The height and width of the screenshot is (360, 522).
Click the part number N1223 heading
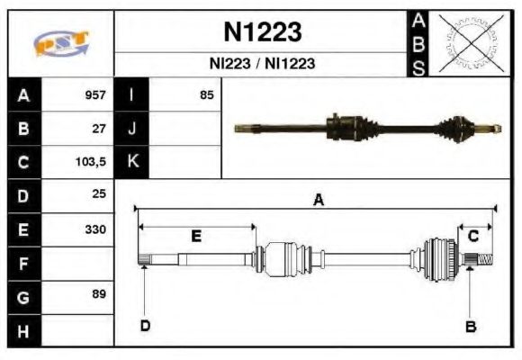[262, 32]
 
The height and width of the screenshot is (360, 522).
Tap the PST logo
[60, 43]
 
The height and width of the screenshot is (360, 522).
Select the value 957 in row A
[95, 94]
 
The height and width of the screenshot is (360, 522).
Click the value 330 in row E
[95, 229]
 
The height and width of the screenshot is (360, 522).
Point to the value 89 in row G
[98, 294]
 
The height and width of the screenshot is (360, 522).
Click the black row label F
[22, 264]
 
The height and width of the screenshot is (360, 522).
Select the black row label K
[132, 162]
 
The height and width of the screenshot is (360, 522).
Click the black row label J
[132, 128]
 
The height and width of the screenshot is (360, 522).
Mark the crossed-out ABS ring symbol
[472, 43]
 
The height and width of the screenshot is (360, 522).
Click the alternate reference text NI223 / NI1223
[262, 65]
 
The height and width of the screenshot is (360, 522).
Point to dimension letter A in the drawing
[318, 201]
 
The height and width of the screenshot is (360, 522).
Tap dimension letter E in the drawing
[196, 236]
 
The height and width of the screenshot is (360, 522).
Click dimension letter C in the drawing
[472, 236]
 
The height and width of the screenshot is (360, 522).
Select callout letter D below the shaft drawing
[145, 326]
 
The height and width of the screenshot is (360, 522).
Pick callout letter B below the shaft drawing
[470, 327]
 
